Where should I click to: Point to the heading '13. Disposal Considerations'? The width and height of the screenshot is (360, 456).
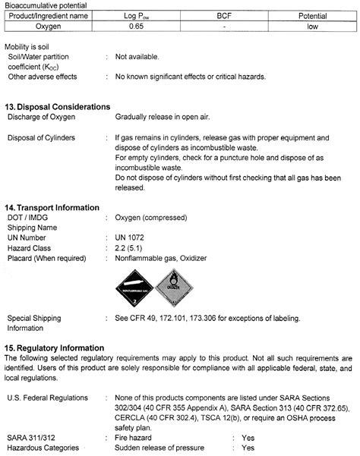pos(58,106)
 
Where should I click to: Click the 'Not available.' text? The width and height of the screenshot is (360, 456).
pos(137,57)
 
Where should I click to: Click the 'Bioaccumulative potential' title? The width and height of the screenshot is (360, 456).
pos(45,4)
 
